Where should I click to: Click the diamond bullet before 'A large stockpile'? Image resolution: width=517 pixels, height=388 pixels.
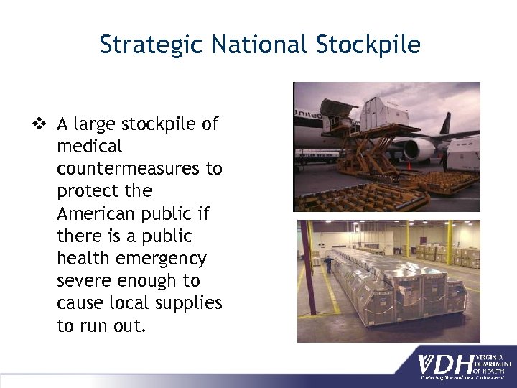tap(45, 124)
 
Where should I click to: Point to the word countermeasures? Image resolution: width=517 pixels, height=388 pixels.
tap(139, 169)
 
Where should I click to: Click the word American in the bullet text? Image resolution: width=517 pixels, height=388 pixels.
tap(94, 213)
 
